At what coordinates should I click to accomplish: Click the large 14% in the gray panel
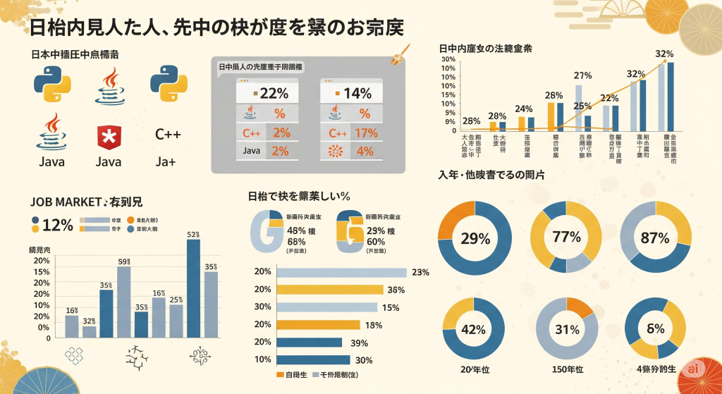357,93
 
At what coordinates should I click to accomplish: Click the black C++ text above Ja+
168,134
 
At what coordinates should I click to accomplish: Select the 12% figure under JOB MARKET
58,225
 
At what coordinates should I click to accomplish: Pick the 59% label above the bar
124,262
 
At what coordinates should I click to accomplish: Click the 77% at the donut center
565,238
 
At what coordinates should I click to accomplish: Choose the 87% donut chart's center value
655,238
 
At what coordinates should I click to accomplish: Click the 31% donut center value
566,329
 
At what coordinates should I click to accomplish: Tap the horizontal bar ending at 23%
341,273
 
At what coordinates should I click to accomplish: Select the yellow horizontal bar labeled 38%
329,290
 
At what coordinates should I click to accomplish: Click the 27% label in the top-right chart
582,75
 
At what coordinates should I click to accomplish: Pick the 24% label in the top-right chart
523,109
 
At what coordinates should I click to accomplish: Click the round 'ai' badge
695,369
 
